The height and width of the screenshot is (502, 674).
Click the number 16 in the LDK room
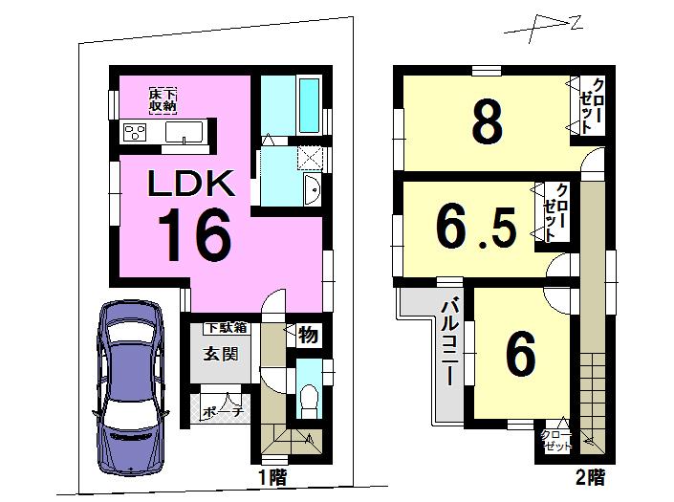(x=194, y=234)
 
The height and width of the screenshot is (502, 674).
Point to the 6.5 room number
(x=477, y=226)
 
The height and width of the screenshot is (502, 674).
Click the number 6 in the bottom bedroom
(x=519, y=357)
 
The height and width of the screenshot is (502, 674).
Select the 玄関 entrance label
(x=218, y=353)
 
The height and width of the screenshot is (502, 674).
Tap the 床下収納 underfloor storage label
(x=163, y=99)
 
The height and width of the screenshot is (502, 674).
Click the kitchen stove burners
(x=133, y=132)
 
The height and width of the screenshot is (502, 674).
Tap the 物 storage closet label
(x=307, y=336)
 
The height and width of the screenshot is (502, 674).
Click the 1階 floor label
(x=272, y=475)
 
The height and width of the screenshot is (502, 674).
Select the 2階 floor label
(x=590, y=475)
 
